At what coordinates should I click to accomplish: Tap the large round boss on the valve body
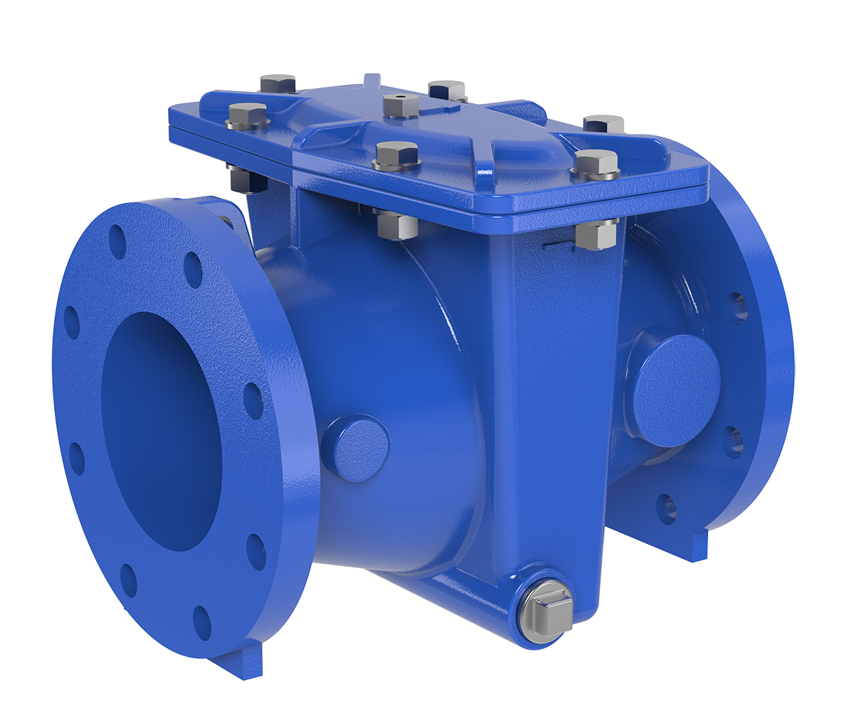coord(676,389)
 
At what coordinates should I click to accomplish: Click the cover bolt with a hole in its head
coord(400,104)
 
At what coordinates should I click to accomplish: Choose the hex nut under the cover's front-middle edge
coord(396,225)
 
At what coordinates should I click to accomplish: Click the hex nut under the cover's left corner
coord(246,179)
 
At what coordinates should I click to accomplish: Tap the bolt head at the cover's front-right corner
coord(596,162)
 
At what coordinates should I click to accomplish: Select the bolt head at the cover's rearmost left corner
coord(278,83)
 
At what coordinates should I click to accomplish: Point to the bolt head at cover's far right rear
coord(603,124)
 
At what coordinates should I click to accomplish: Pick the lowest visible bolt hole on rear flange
coord(666,508)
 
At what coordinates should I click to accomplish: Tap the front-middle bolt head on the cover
coord(396,155)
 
